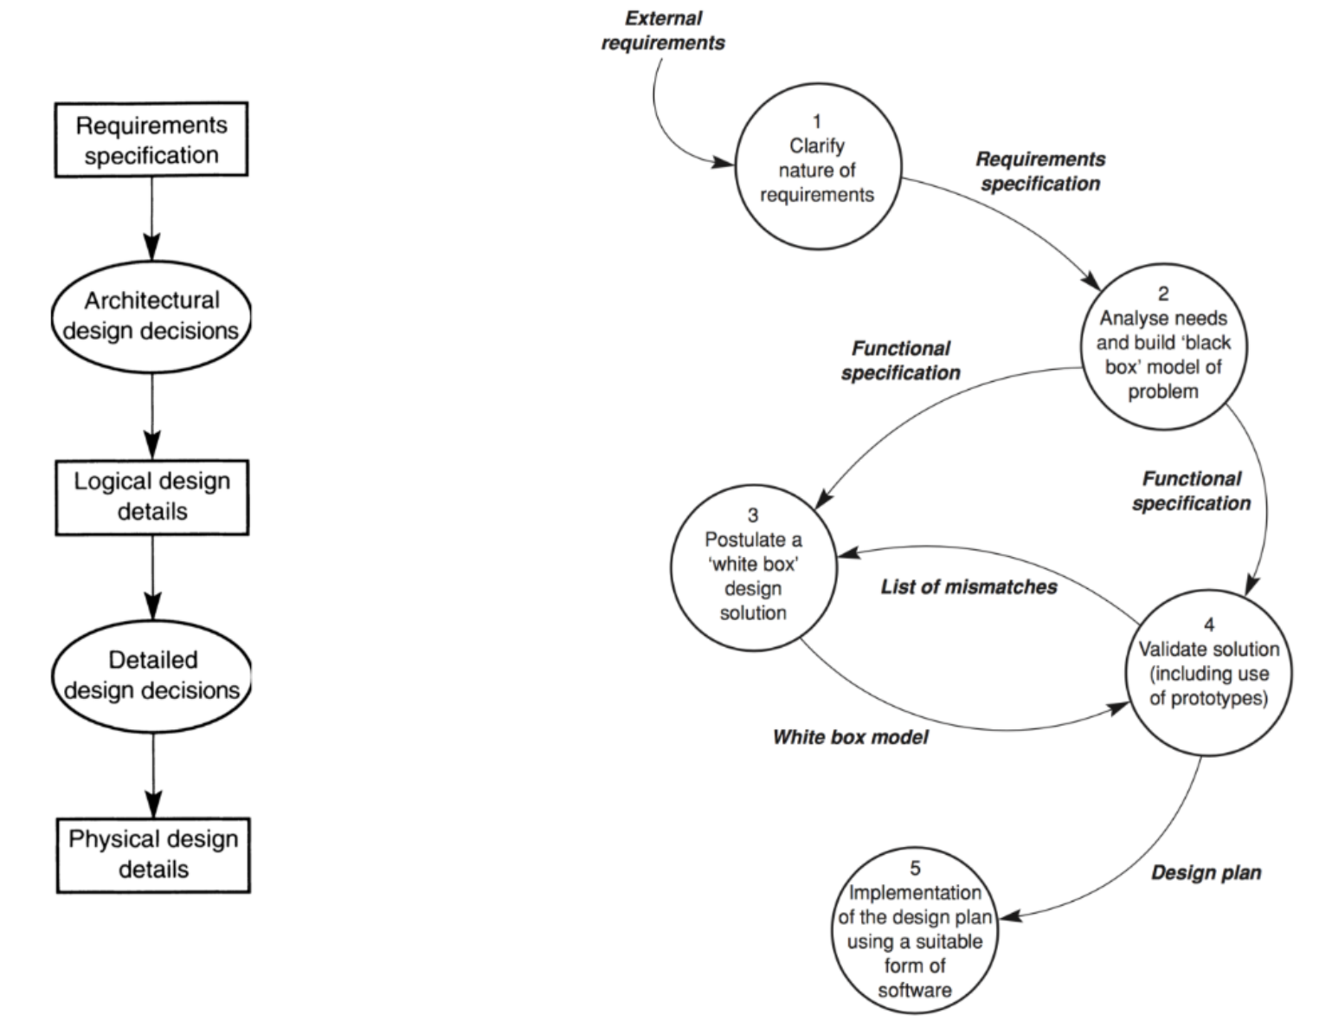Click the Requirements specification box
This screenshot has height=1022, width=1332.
(151, 139)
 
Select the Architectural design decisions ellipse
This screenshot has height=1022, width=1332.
(151, 315)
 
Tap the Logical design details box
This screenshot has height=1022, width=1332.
(151, 496)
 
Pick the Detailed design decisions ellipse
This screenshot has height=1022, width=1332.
(151, 675)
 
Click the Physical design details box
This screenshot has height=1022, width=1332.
(153, 854)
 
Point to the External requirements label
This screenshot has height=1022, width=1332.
(663, 30)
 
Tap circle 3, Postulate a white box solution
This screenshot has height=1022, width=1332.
(753, 564)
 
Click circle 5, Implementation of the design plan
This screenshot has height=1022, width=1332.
(915, 928)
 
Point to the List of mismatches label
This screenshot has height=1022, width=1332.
(968, 587)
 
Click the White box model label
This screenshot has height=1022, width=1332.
(850, 737)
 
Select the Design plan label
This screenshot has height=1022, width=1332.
(1206, 872)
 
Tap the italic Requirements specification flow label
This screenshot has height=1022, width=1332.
(1040, 171)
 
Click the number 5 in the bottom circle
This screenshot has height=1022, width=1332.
(915, 869)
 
